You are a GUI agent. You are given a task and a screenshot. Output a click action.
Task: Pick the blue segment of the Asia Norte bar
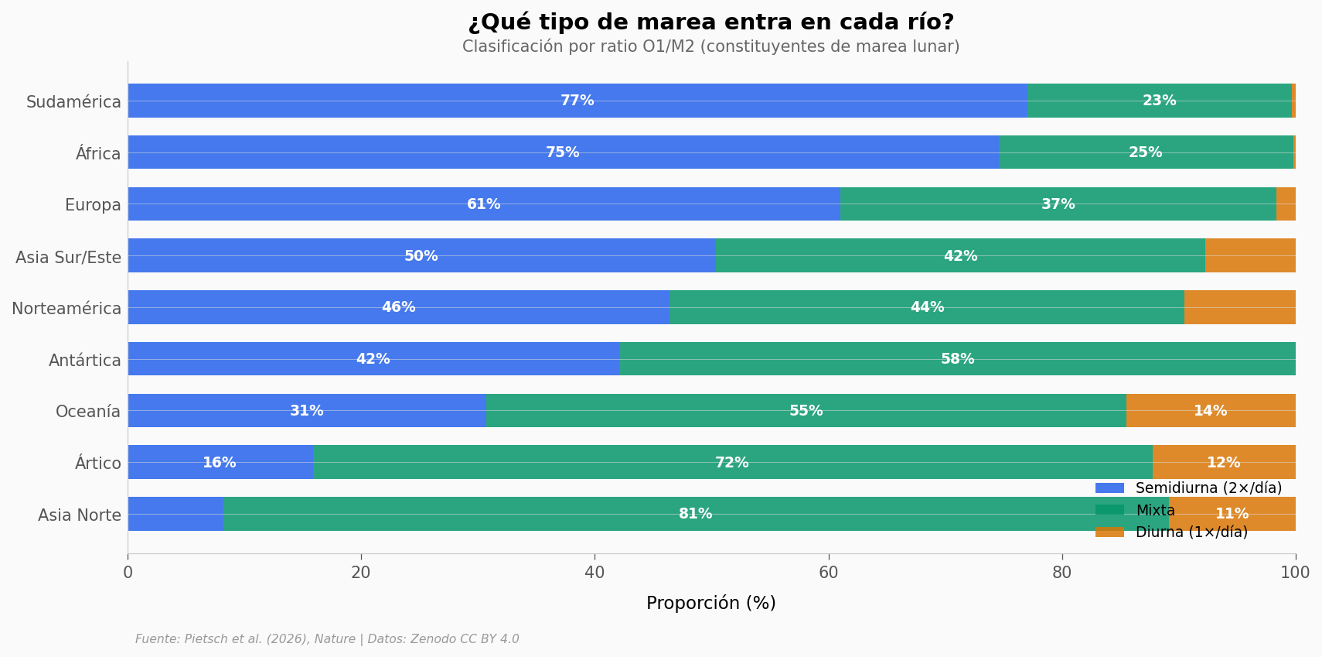pyautogui.click(x=175, y=514)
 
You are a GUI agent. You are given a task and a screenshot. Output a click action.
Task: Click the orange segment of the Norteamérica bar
pyautogui.click(x=1239, y=307)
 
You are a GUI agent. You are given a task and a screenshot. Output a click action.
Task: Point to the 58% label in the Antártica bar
pyautogui.click(x=957, y=359)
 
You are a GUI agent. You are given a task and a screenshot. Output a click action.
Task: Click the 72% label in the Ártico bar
pyautogui.click(x=731, y=463)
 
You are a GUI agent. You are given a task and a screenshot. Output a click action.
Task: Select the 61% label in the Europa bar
pyautogui.click(x=483, y=204)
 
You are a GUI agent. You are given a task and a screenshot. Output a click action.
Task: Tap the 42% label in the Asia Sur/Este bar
pyautogui.click(x=960, y=256)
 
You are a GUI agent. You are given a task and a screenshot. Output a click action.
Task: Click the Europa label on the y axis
pyautogui.click(x=93, y=205)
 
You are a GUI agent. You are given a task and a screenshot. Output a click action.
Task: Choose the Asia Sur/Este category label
pyautogui.click(x=68, y=257)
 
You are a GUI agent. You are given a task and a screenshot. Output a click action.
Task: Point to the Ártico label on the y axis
pyautogui.click(x=98, y=464)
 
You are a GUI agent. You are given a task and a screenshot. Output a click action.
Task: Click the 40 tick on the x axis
pyautogui.click(x=595, y=573)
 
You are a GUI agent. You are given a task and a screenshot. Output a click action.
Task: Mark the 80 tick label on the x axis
pyautogui.click(x=1061, y=573)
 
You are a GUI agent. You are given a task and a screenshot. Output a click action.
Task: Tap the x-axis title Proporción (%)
pyautogui.click(x=710, y=604)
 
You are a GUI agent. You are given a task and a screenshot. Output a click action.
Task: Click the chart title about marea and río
pyautogui.click(x=710, y=22)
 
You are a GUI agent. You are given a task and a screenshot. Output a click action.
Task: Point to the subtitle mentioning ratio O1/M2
pyautogui.click(x=710, y=47)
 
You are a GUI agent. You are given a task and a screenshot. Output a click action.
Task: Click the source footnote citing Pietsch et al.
pyautogui.click(x=327, y=639)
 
